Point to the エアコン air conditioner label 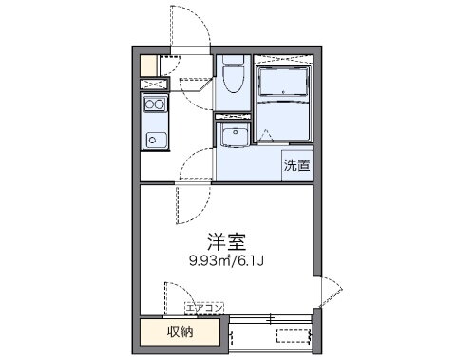pyautogui.click(x=203, y=308)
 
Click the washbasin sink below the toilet pyautogui.click(x=234, y=137)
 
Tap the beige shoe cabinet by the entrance pyautogui.click(x=148, y=66)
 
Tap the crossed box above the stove pyautogui.click(x=155, y=84)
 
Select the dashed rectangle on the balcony pyautogui.click(x=294, y=334)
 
